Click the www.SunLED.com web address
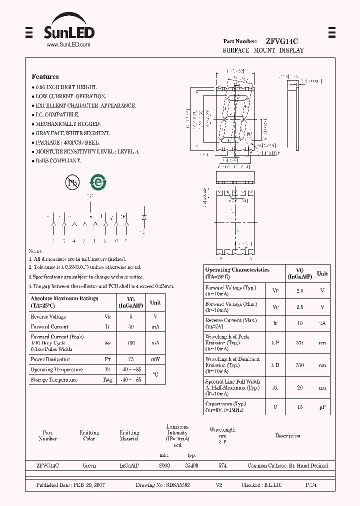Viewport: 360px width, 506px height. (68, 44)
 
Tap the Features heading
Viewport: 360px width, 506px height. (45, 76)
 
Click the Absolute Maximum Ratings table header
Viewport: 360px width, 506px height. (64, 301)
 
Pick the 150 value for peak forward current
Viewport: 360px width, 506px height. (131, 343)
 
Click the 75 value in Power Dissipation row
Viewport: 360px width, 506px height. (131, 358)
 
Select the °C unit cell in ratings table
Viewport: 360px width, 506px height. (155, 374)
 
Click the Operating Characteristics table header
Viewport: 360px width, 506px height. (237, 273)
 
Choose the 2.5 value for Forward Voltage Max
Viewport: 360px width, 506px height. (300, 307)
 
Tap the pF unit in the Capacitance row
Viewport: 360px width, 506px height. (322, 407)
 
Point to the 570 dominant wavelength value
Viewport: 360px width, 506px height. (300, 365)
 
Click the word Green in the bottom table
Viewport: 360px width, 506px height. (89, 465)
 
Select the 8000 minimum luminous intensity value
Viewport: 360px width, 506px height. (164, 465)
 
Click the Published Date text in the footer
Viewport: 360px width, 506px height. (69, 485)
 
